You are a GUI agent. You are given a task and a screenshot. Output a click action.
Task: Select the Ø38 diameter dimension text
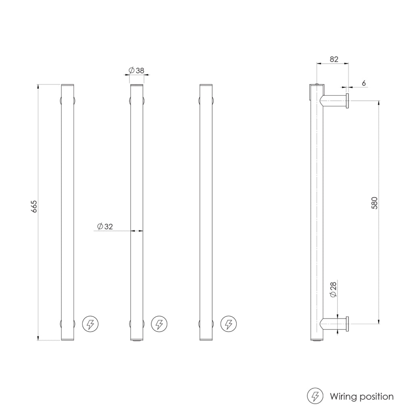pyautogui.click(x=137, y=71)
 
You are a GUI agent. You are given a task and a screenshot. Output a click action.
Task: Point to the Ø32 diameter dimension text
pyautogui.click(x=105, y=227)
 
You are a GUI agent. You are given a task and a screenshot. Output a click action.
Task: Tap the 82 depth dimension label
pyautogui.click(x=334, y=59)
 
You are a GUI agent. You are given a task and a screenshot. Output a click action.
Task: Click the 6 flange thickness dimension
pyautogui.click(x=363, y=83)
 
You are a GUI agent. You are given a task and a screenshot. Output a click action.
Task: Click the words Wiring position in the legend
pyautogui.click(x=361, y=396)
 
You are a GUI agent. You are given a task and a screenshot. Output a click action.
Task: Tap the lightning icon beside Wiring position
pyautogui.click(x=315, y=396)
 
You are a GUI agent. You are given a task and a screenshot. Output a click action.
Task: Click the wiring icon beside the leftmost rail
pyautogui.click(x=90, y=324)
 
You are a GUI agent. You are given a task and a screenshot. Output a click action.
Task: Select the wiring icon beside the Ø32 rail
pyautogui.click(x=159, y=324)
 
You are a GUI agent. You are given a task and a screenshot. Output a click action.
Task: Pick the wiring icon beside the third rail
pyautogui.click(x=229, y=324)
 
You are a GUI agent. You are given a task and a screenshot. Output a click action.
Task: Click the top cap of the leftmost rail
pyautogui.click(x=67, y=86)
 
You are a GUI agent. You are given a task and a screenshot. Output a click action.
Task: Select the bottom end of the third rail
pyautogui.click(x=206, y=339)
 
